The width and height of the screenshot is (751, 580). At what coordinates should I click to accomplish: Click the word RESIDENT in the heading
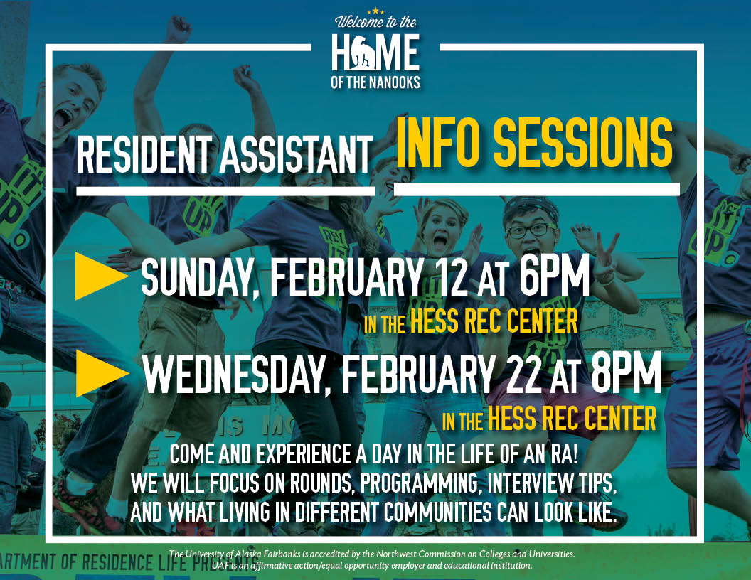tap(144, 154)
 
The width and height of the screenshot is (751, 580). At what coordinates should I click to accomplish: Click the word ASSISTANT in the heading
tap(297, 154)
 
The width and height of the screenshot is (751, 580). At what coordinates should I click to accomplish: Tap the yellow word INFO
tap(438, 144)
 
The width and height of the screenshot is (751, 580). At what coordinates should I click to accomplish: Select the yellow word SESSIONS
tap(583, 144)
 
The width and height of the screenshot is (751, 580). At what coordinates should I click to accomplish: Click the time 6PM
tap(555, 276)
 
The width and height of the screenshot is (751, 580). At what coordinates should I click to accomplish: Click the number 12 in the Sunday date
tap(452, 276)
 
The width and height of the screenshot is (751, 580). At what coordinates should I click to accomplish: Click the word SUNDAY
tap(197, 277)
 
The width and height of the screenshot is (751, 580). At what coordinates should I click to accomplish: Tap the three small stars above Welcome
tap(375, 11)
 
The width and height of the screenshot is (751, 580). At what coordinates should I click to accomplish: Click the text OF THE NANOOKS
tap(375, 82)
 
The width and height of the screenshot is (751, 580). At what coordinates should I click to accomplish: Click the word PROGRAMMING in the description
tap(419, 483)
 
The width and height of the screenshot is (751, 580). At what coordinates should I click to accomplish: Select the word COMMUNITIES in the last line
tap(438, 512)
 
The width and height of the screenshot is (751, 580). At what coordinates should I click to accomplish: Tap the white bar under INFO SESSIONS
tap(536, 189)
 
